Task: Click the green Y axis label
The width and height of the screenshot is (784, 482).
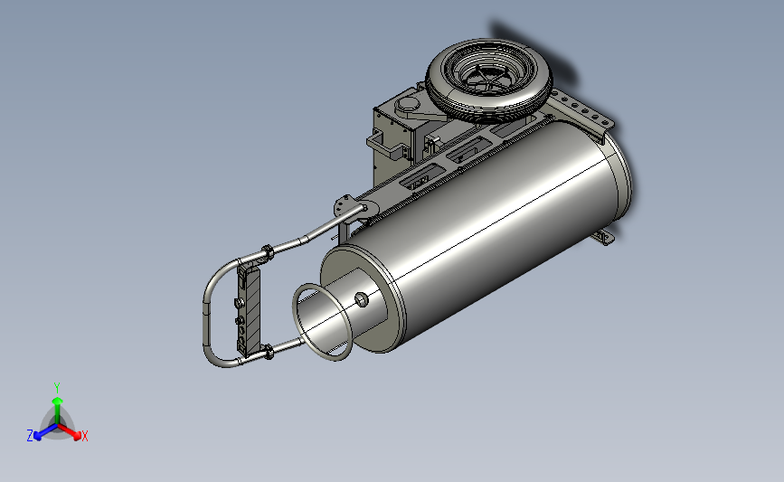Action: [x=57, y=388]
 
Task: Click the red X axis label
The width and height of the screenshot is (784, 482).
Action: [x=84, y=436]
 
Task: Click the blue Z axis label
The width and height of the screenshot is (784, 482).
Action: [x=30, y=436]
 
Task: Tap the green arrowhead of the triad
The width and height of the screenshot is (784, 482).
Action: [x=58, y=401]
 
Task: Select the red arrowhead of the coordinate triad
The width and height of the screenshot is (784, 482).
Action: [x=76, y=436]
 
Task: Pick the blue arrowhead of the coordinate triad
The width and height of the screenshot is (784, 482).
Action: [x=37, y=436]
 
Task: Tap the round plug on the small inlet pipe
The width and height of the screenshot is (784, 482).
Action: [x=362, y=299]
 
